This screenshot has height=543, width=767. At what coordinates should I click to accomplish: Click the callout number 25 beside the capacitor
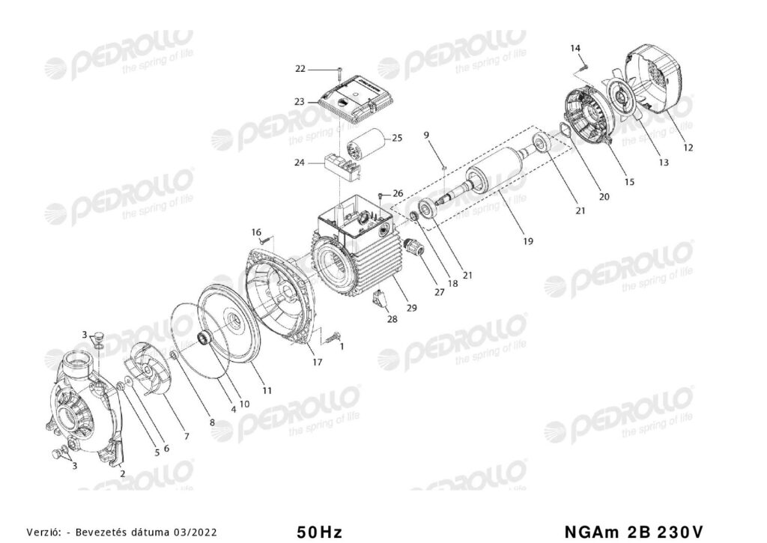397,138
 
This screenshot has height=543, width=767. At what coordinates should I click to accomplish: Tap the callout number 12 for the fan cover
688,148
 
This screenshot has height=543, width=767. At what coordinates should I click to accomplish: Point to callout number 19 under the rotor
528,241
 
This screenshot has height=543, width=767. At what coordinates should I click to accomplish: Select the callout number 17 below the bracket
317,362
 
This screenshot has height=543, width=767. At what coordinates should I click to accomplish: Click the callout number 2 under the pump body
122,473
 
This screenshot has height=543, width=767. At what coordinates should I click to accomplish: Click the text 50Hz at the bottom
319,532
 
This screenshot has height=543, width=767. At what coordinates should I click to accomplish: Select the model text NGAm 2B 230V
634,532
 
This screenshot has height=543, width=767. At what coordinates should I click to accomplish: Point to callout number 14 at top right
575,48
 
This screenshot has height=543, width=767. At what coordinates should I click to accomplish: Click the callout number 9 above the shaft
426,135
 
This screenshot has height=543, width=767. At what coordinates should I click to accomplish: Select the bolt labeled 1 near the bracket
333,337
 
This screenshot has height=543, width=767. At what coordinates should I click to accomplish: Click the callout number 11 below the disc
267,390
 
